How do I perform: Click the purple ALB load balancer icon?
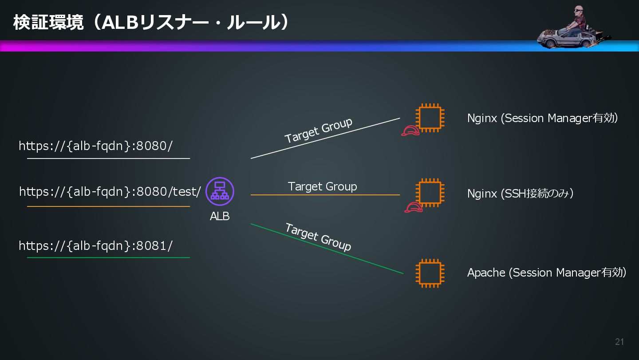220,191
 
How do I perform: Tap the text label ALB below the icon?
220,216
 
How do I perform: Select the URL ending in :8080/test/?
110,192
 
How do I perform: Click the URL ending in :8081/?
95,246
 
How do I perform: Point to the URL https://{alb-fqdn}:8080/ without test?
95,146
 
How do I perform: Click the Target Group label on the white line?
318,131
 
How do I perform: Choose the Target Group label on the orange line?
322,186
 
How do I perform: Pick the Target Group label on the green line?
318,237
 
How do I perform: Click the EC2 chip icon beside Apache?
430,273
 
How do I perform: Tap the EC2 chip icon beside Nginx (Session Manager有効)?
430,118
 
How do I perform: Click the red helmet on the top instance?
410,131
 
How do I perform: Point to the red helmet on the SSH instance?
413,207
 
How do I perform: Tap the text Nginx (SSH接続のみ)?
520,194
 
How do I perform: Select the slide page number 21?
619,342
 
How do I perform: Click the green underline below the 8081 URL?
108,257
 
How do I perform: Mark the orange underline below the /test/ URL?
108,206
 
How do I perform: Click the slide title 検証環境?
48,23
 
